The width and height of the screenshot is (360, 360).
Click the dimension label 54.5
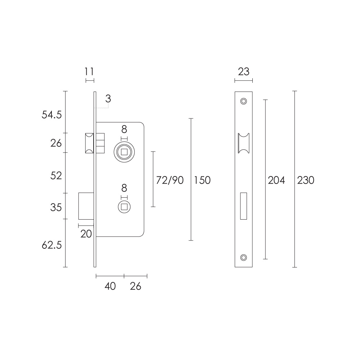pyautogui.click(x=51, y=114)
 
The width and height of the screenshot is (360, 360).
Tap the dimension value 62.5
pyautogui.click(x=51, y=245)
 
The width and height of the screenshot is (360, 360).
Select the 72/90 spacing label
pyautogui.click(x=170, y=180)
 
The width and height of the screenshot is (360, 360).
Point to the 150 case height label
pyautogui.click(x=202, y=180)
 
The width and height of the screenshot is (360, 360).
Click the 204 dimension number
pyautogui.click(x=276, y=180)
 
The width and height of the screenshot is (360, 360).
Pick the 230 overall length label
pyautogui.click(x=306, y=180)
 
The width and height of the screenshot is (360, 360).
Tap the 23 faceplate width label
pyautogui.click(x=244, y=72)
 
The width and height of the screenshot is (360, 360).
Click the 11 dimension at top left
pyautogui.click(x=89, y=72)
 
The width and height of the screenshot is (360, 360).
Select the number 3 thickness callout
pyautogui.click(x=108, y=99)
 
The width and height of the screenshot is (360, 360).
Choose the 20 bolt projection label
pyautogui.click(x=86, y=234)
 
